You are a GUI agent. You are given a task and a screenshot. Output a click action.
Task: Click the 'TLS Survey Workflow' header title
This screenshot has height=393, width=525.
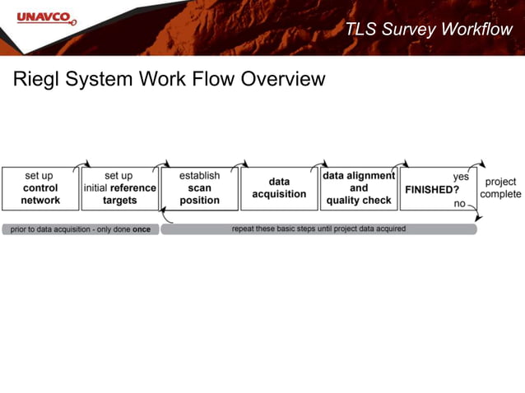pos(428,30)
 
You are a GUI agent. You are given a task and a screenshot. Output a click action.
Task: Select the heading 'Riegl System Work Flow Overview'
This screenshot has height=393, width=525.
pos(169,80)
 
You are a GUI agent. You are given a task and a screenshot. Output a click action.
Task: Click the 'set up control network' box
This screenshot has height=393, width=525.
pos(40,188)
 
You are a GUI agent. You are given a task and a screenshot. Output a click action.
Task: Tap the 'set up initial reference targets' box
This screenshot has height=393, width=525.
pos(119,188)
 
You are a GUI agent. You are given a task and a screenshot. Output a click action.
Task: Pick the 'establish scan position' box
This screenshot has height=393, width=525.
pos(199,188)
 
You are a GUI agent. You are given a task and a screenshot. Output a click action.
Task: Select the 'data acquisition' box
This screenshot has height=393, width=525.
pos(279,188)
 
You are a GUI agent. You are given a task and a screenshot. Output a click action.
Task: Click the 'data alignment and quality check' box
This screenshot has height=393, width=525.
pos(359,188)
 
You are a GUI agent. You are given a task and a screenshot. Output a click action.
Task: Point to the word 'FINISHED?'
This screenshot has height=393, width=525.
pos(431,189)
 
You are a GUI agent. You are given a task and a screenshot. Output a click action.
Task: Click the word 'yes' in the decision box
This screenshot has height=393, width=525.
pos(460,176)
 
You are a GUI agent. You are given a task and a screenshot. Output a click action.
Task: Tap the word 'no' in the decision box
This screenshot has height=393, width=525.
pos(459,203)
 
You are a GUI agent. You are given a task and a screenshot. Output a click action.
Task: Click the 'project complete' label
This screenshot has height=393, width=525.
pos(500,188)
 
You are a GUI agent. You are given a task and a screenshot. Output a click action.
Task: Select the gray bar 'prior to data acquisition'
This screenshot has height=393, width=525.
pos(81,229)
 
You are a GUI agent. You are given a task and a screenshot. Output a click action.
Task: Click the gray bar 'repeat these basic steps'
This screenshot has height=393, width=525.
pos(318,229)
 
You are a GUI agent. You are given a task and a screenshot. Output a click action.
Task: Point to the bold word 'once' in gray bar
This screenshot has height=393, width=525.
pos(142,229)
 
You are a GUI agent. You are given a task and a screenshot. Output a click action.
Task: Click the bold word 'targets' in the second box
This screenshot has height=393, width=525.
pos(119,201)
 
